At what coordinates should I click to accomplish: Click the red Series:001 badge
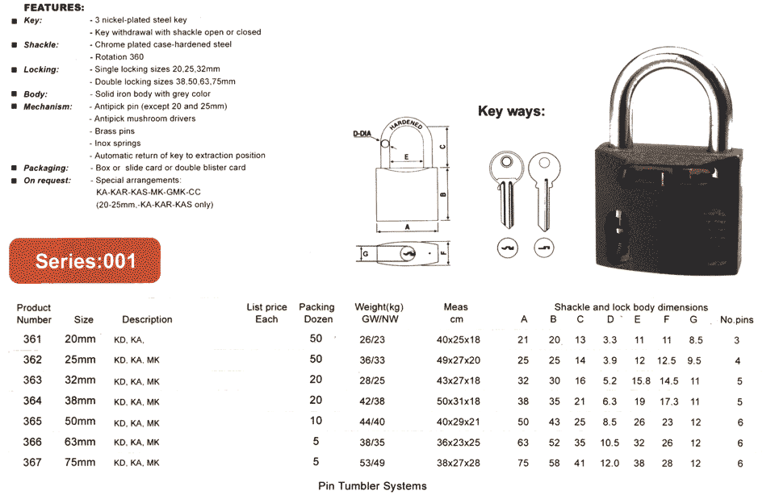pos(85,260)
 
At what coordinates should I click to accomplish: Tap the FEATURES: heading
pos(54,7)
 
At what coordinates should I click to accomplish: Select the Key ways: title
pos(511,111)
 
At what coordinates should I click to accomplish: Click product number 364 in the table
pos(32,401)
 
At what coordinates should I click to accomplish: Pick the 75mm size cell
pos(80,463)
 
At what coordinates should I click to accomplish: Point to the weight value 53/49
pos(372,463)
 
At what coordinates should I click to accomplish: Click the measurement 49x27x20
pos(459,360)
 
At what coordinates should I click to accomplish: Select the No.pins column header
pos(736,320)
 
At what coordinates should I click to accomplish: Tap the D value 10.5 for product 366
pos(610,443)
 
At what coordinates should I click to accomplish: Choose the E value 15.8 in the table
pos(641,381)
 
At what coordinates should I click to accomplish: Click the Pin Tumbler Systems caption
pos(372,486)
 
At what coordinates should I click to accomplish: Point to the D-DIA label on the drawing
pos(362,134)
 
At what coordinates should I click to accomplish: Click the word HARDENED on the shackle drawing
pos(406,124)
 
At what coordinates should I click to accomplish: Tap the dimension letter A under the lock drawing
pos(407,227)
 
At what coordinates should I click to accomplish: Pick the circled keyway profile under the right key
pos(544,247)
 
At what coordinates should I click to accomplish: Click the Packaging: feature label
pos(46,168)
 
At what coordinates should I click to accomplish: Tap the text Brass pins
pos(115,131)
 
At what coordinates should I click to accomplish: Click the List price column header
pos(267,313)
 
